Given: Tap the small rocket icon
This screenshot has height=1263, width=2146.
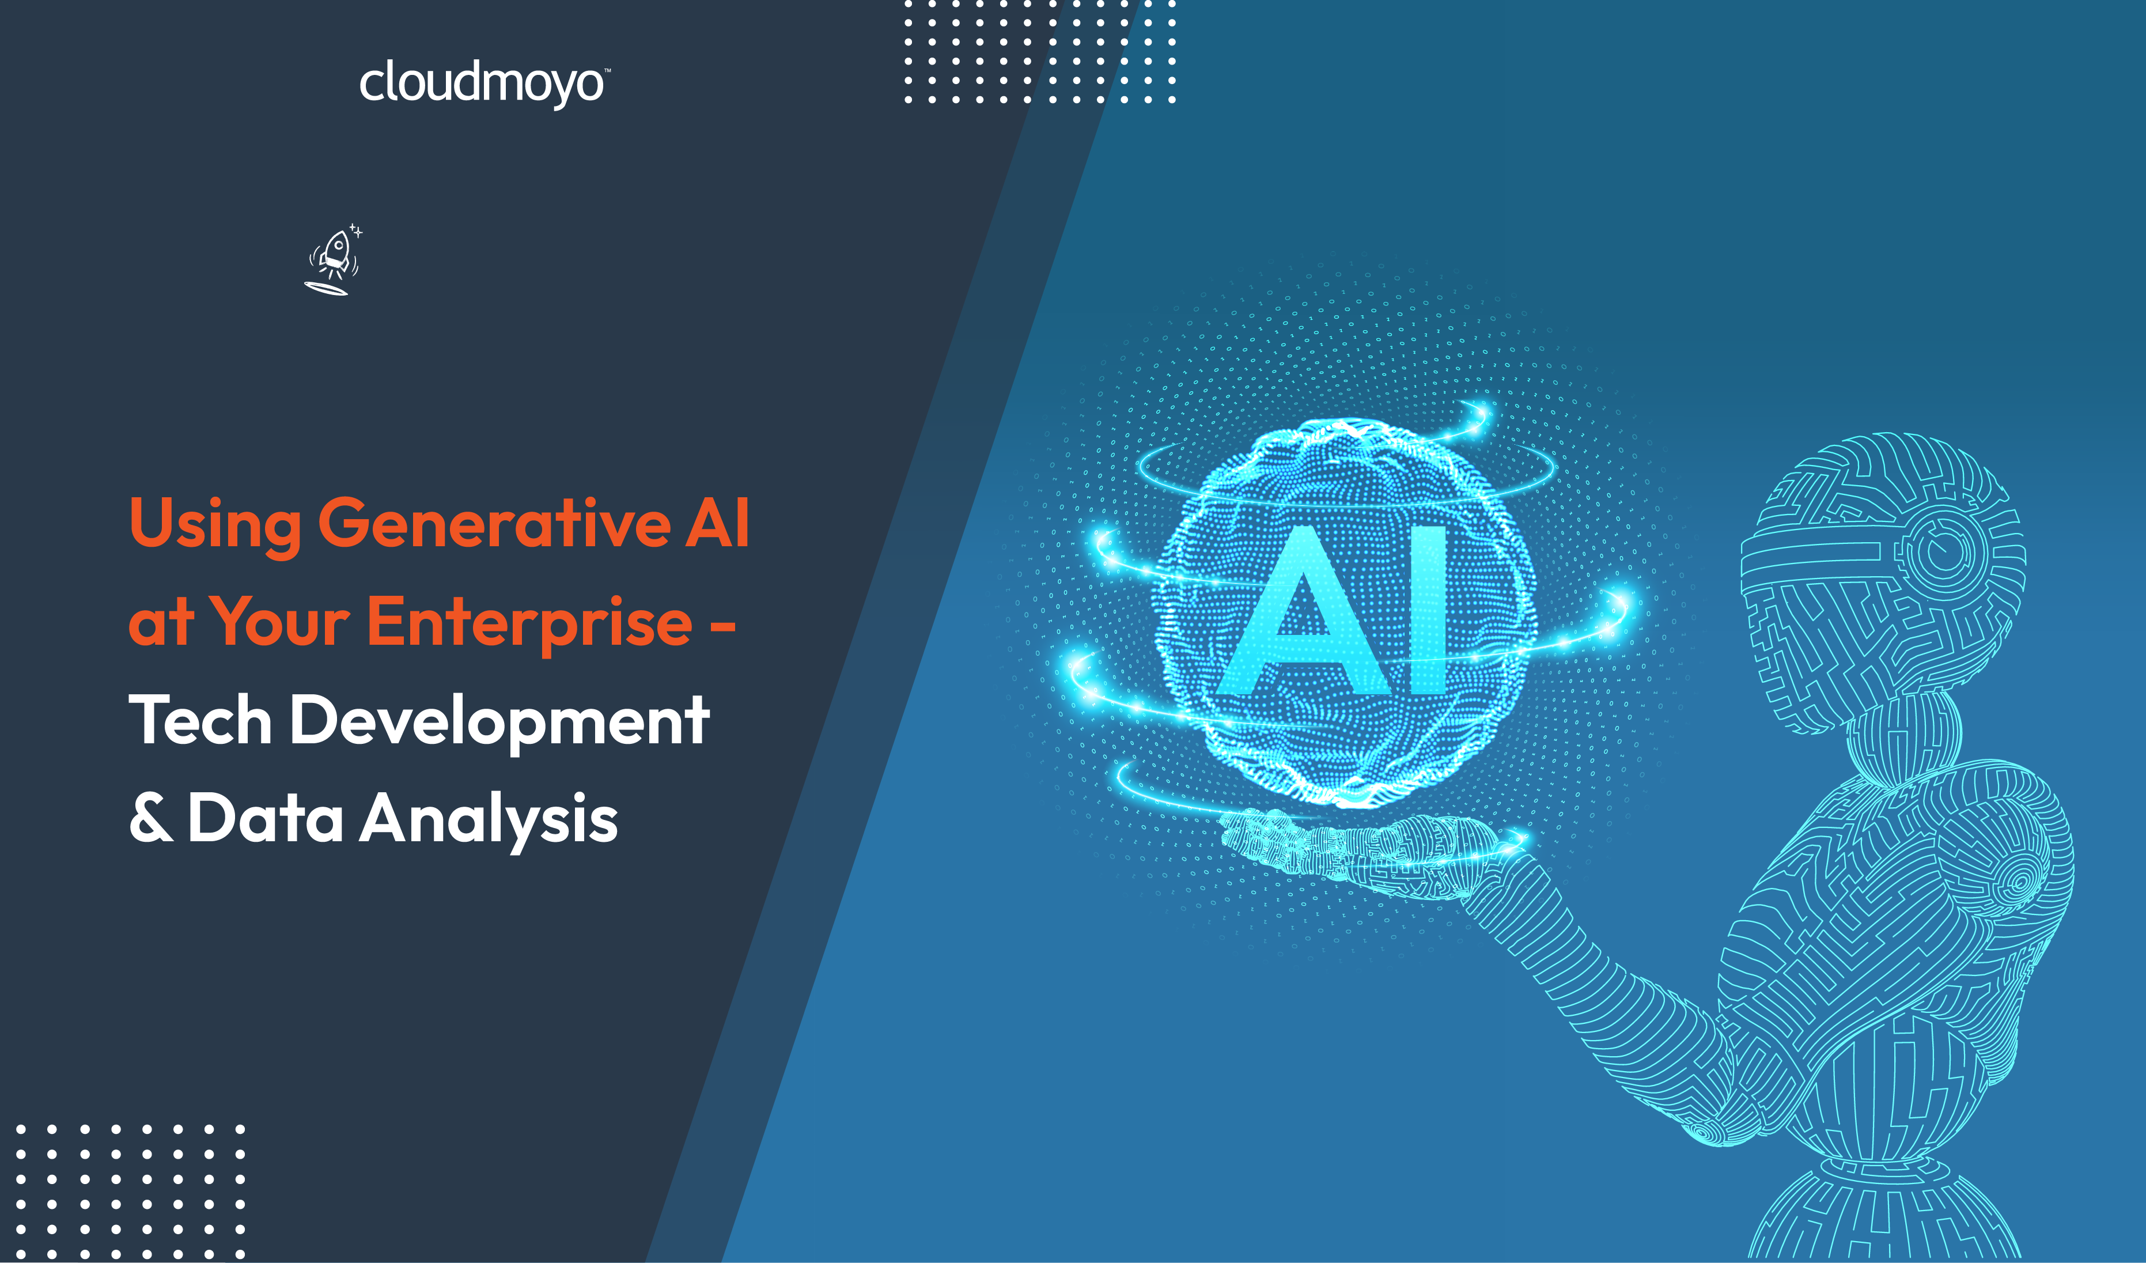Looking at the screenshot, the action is pyautogui.click(x=334, y=260).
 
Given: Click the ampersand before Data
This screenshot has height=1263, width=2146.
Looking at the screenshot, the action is pyautogui.click(x=151, y=816).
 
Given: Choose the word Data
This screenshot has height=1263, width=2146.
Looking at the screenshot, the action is pyautogui.click(x=266, y=816).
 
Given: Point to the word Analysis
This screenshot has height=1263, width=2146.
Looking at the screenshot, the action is pyautogui.click(x=489, y=820).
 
